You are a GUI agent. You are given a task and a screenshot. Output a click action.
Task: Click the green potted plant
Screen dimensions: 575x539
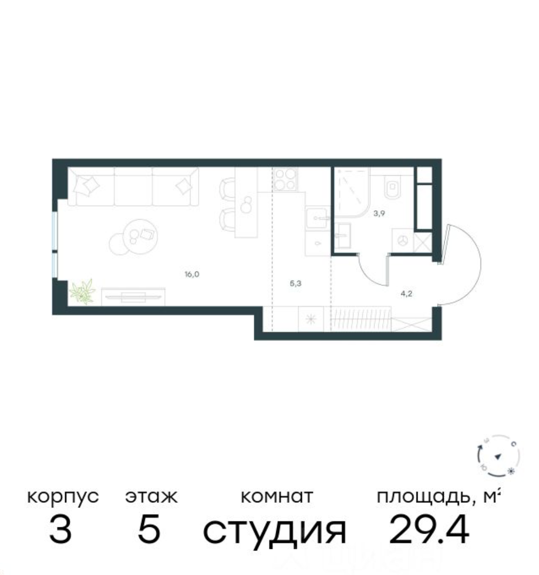coord(82,292)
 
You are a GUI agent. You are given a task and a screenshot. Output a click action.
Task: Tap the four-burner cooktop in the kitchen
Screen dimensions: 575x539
coord(285,180)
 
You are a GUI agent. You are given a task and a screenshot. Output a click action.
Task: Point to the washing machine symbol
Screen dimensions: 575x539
coord(403,241)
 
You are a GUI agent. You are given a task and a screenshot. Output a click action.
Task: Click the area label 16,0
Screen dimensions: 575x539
coord(192,274)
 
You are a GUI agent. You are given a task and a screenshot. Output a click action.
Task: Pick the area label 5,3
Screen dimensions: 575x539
coord(295,282)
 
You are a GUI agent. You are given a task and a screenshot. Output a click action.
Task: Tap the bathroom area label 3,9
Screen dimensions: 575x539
coord(379,214)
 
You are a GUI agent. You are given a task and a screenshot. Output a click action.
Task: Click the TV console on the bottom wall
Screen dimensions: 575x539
coord(133,296)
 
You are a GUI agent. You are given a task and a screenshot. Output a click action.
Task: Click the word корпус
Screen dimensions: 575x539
coord(63,497)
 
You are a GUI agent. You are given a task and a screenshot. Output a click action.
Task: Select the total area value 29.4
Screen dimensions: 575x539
coord(429,530)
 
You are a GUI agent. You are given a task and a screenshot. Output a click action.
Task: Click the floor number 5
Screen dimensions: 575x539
coord(149,530)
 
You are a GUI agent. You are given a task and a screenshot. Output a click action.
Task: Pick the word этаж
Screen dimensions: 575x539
coord(152,497)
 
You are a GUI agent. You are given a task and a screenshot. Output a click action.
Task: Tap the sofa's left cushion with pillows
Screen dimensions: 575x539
coord(91,187)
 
